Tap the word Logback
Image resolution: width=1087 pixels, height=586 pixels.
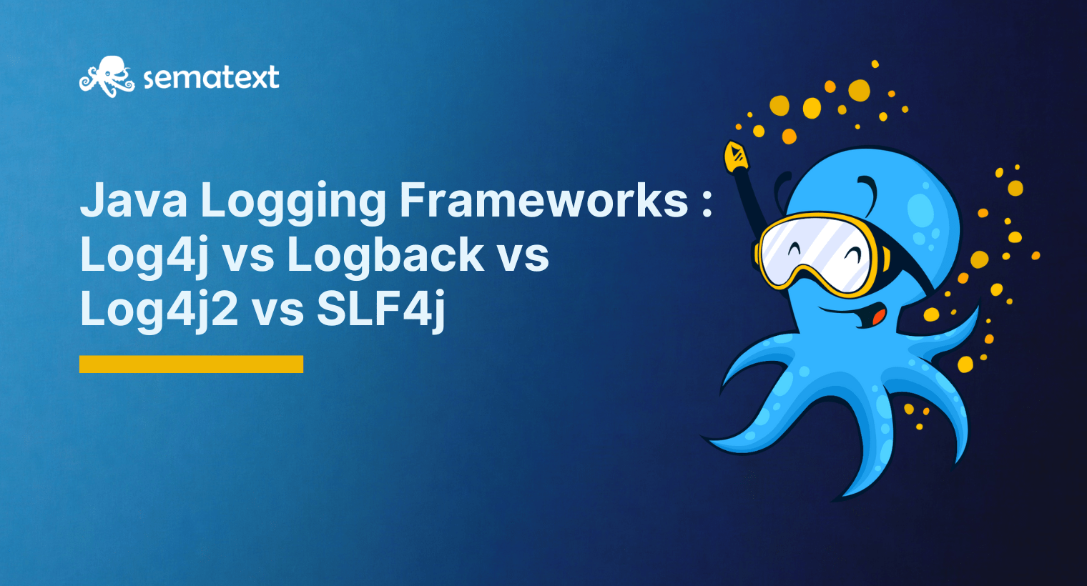pyautogui.click(x=386, y=254)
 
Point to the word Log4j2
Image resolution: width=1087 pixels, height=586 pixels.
pyautogui.click(x=159, y=309)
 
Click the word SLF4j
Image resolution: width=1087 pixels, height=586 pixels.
pyautogui.click(x=380, y=309)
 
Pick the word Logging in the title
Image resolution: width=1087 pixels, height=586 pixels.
pyautogui.click(x=293, y=202)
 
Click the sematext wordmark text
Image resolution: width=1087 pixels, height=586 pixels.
pyautogui.click(x=211, y=77)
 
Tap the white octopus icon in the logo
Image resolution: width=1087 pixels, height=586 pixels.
pyautogui.click(x=107, y=76)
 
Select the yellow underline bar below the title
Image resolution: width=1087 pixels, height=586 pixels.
pyautogui.click(x=191, y=364)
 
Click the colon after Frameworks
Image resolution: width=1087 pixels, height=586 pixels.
pyautogui.click(x=707, y=202)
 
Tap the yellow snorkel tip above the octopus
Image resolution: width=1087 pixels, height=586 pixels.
pyautogui.click(x=735, y=156)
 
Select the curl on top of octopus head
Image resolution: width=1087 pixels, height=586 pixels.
pyautogui.click(x=868, y=187)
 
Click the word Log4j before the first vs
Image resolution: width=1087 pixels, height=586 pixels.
pyautogui.click(x=143, y=254)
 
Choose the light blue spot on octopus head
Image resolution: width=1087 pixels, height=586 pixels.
pyautogui.click(x=920, y=209)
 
